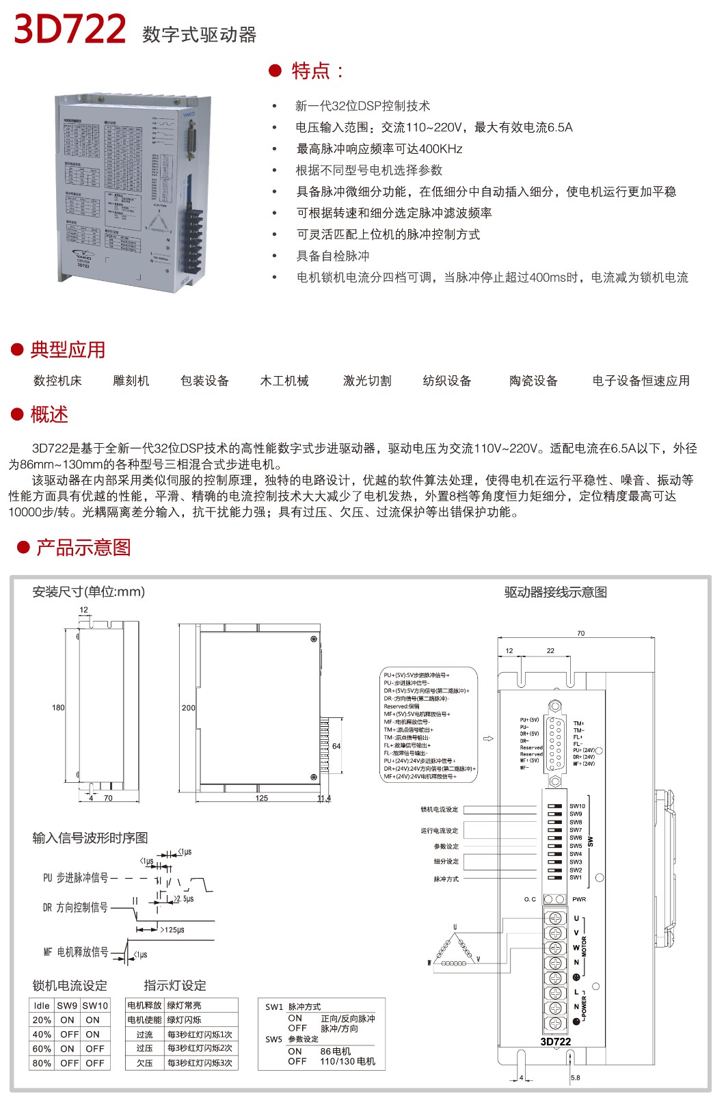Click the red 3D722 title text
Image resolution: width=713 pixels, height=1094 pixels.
(70, 29)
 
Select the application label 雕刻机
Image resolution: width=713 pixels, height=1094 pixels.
(131, 381)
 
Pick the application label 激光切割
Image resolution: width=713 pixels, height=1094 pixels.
(367, 381)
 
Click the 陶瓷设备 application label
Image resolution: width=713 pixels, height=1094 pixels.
(533, 381)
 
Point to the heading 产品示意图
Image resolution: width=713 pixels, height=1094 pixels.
(83, 548)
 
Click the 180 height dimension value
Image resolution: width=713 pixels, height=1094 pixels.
(59, 708)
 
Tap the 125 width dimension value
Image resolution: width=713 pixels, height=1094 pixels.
(262, 798)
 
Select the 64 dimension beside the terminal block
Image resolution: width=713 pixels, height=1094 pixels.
(336, 746)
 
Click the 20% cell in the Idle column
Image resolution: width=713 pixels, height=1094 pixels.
(42, 1020)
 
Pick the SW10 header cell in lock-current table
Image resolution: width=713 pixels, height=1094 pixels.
(95, 1006)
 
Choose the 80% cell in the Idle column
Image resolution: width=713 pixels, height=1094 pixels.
(42, 1063)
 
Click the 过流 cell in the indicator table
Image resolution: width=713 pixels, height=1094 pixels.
(144, 1035)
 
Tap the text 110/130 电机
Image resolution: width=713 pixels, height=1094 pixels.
(347, 1061)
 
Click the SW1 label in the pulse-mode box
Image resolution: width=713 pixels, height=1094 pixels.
(274, 1006)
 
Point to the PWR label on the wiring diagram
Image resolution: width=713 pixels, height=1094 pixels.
(579, 899)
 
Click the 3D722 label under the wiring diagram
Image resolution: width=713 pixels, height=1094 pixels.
(555, 1042)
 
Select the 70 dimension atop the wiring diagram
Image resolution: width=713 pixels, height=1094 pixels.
(581, 634)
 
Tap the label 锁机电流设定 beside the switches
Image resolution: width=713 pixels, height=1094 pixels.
(439, 810)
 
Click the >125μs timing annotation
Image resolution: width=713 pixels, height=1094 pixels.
(172, 930)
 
